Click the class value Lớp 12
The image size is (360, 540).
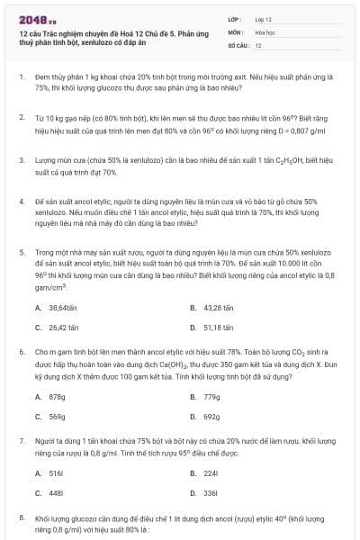(x=263, y=18)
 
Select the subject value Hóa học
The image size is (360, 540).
(x=265, y=31)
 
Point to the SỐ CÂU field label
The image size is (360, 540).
(x=238, y=44)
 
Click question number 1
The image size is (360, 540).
(x=22, y=77)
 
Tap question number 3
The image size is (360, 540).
(x=22, y=159)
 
